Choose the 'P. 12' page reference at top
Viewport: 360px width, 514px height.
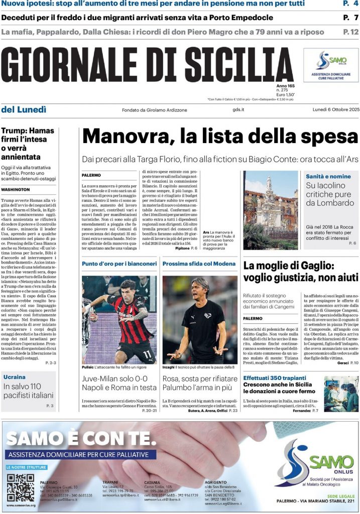(350, 32)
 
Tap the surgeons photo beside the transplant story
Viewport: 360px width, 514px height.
(341, 394)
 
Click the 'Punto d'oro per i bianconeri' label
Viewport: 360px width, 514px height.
(119, 264)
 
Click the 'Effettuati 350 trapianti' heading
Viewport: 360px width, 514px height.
(275, 377)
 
